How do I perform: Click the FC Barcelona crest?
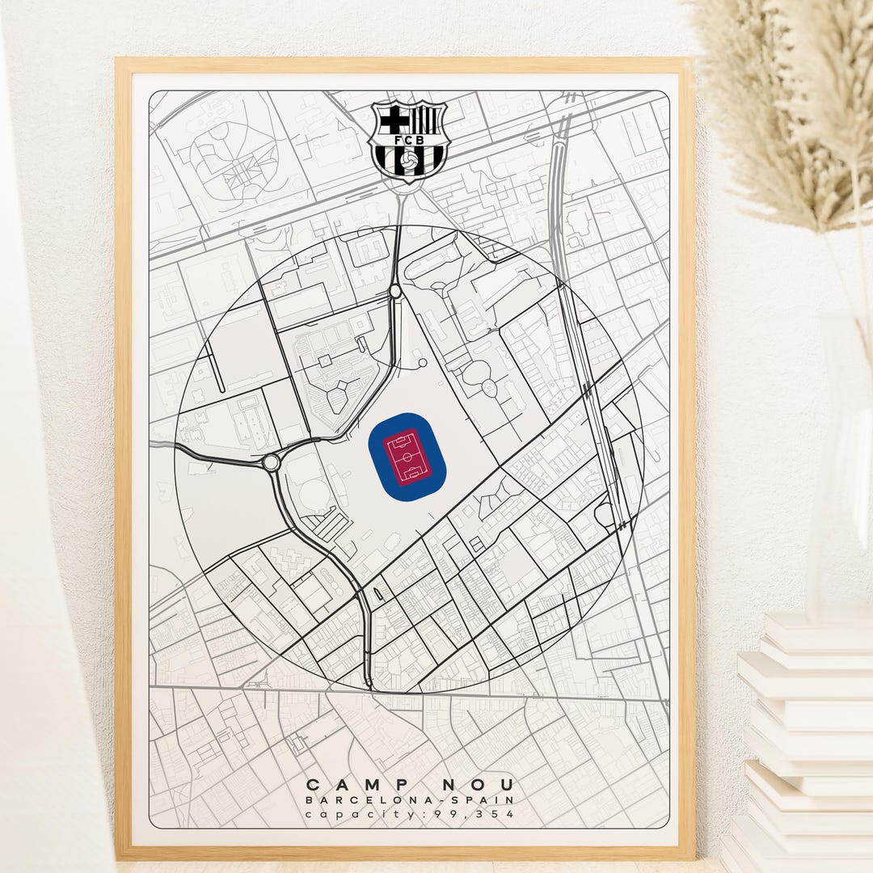tap(409, 141)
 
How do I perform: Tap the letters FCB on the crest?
tap(409, 139)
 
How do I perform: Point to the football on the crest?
tap(409, 162)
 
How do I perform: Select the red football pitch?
tap(407, 456)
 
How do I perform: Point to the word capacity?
tap(365, 814)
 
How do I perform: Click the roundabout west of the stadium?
tap(272, 462)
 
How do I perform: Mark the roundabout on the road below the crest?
tap(395, 291)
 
